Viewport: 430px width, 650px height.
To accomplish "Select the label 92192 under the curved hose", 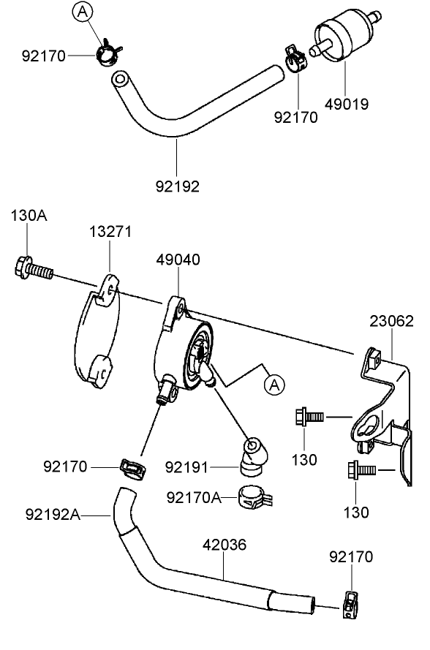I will (176, 186).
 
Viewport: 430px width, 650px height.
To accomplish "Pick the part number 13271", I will (110, 232).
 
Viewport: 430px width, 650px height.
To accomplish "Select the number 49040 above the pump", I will (178, 260).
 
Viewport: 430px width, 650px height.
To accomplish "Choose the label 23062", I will (391, 321).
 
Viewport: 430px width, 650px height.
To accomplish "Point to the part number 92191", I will (186, 466).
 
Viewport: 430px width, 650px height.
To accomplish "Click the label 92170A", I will (193, 498).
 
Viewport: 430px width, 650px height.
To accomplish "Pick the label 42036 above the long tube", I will (224, 545).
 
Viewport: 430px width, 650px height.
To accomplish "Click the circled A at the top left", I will (83, 11).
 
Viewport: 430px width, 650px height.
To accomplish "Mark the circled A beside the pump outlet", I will (274, 382).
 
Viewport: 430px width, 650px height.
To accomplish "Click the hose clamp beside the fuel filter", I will (295, 59).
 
